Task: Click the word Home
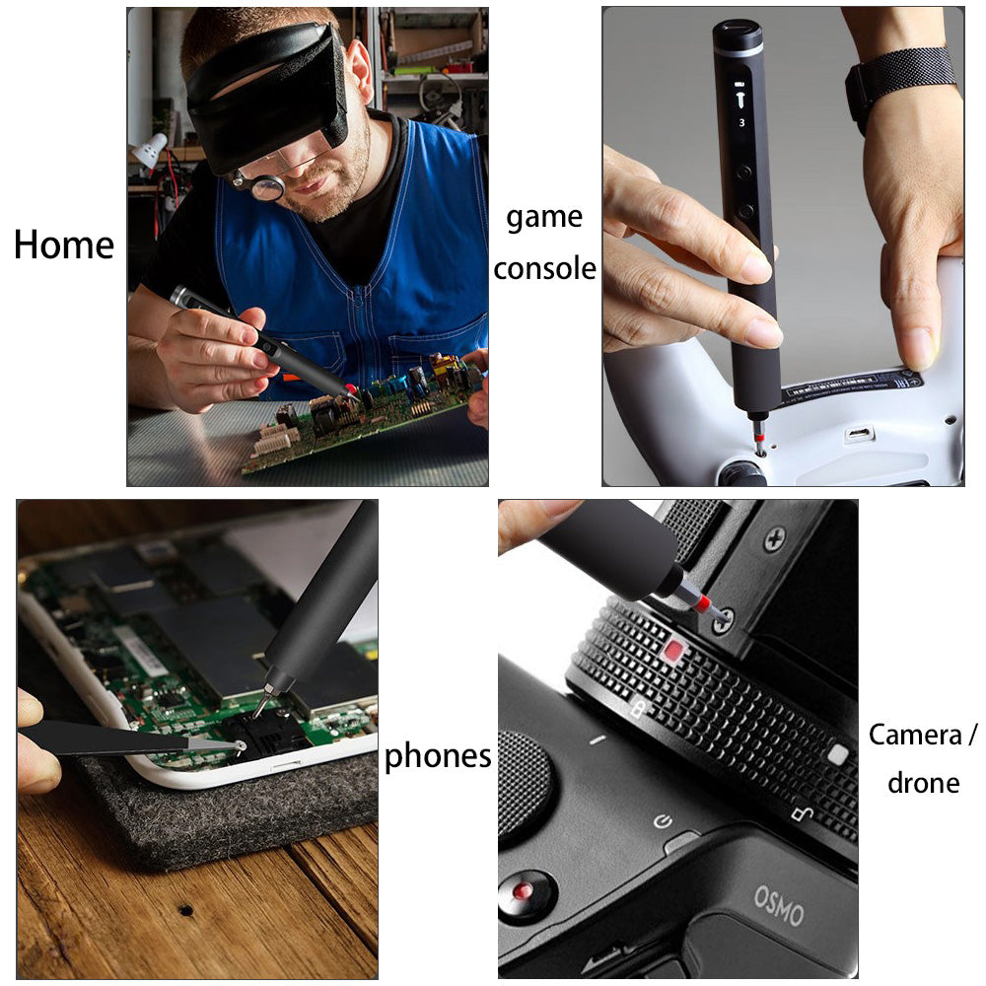64,246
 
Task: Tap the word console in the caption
544,268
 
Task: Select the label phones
437,756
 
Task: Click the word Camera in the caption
916,735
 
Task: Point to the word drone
923,783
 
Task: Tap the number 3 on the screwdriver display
742,122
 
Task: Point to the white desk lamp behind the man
150,149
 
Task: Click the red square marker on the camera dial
673,651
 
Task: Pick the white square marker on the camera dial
837,755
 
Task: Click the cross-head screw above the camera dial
776,539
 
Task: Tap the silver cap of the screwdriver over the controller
738,37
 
